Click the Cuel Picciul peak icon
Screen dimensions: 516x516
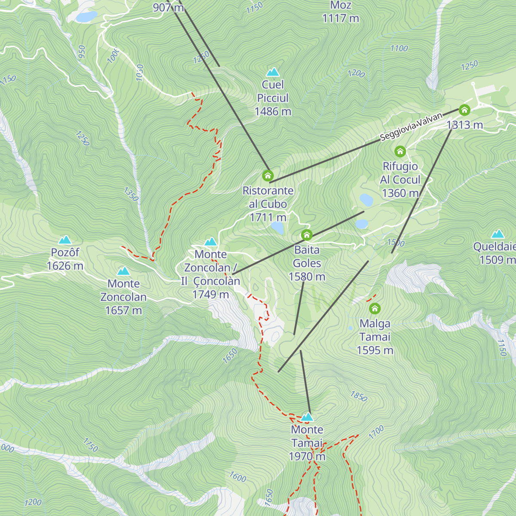click(x=273, y=72)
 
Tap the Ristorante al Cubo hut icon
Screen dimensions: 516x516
click(x=268, y=175)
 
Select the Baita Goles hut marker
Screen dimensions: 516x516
click(x=307, y=235)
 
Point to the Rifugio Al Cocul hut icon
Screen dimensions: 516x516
click(x=400, y=151)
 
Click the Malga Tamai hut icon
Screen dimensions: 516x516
click(x=375, y=308)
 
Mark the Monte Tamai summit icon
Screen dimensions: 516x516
click(x=307, y=417)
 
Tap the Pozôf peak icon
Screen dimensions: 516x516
click(x=65, y=240)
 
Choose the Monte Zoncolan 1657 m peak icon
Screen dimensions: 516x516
click(x=123, y=271)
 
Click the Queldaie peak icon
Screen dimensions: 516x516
click(x=498, y=234)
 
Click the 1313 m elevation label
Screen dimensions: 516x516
click(x=465, y=125)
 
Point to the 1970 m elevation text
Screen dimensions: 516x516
click(x=307, y=456)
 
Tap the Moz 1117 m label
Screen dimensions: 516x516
click(x=341, y=12)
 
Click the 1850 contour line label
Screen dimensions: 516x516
click(x=359, y=396)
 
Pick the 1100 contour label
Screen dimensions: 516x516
click(x=399, y=49)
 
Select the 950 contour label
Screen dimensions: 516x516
click(x=82, y=52)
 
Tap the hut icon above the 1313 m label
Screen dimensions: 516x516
click(x=464, y=110)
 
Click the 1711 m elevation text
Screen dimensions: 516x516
click(x=268, y=217)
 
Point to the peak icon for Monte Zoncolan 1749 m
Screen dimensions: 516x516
click(x=210, y=242)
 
